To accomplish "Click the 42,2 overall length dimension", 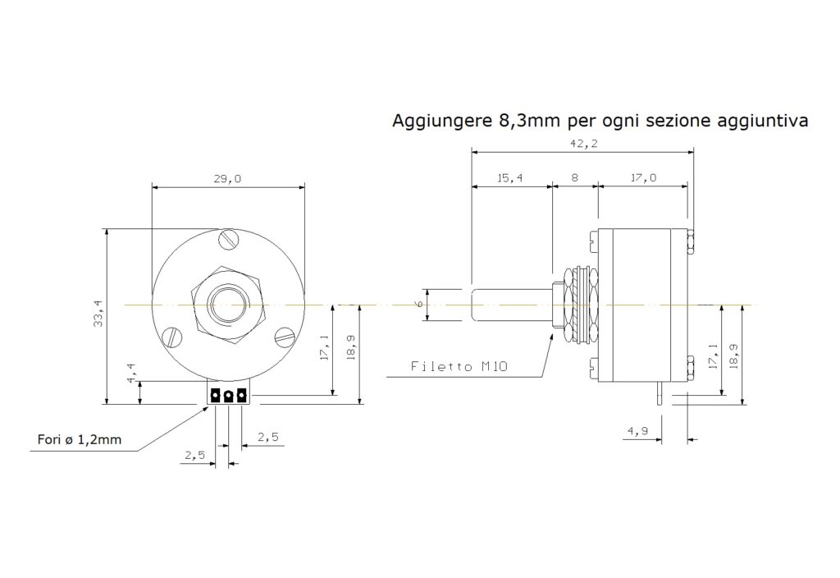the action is (x=584, y=143).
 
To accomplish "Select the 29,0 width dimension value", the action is (x=227, y=178).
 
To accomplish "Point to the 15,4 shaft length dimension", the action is (x=509, y=177).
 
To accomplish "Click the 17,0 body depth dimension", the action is (x=643, y=177).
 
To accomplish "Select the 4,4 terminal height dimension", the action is (x=131, y=374).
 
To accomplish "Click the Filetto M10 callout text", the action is (x=459, y=367).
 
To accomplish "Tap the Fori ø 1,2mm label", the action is (x=80, y=440).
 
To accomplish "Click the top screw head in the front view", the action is (x=230, y=239).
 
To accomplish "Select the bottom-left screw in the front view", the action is (x=172, y=337).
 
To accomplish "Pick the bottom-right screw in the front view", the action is (x=285, y=337).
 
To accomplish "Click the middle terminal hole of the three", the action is (x=228, y=397).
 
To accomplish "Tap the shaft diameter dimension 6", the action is (x=421, y=304).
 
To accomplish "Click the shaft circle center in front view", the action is (x=229, y=305).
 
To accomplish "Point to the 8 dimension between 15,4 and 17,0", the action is (x=574, y=177).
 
